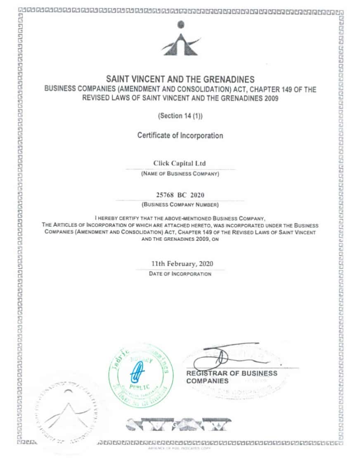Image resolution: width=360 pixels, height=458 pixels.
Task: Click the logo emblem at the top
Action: [180, 40]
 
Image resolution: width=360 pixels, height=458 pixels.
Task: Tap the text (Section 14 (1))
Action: [180, 116]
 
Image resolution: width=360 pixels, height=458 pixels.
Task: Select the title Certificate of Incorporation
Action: [180, 135]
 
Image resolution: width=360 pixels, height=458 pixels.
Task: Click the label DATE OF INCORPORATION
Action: [180, 274]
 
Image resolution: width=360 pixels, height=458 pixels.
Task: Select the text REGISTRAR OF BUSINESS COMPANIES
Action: [231, 377]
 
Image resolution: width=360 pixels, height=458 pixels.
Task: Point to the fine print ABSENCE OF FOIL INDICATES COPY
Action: [178, 449]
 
